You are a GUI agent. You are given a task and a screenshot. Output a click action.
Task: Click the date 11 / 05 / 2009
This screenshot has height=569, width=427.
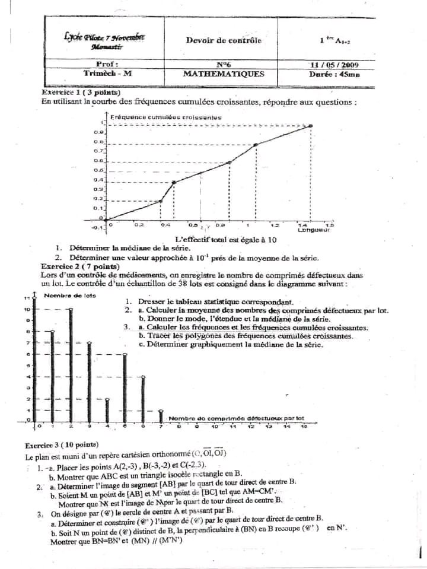click(334, 65)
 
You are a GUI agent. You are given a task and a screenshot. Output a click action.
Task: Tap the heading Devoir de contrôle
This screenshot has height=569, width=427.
click(223, 40)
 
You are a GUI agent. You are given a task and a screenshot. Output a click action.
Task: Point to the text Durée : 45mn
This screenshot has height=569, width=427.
click(334, 75)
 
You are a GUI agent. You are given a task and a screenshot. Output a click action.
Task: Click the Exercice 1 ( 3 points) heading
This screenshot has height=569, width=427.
click(81, 93)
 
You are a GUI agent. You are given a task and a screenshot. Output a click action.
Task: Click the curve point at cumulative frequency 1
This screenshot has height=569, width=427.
click(311, 126)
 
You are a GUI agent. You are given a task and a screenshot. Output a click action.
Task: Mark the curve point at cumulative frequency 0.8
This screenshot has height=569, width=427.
click(256, 144)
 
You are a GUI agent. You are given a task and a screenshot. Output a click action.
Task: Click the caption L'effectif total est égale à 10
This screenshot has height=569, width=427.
click(226, 239)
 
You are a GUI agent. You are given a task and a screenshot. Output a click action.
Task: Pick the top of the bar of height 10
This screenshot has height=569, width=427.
click(71, 309)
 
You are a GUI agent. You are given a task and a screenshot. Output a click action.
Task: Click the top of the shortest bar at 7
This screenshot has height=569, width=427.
click(162, 410)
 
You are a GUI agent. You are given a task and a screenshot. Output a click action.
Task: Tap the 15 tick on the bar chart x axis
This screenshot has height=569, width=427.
click(304, 426)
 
